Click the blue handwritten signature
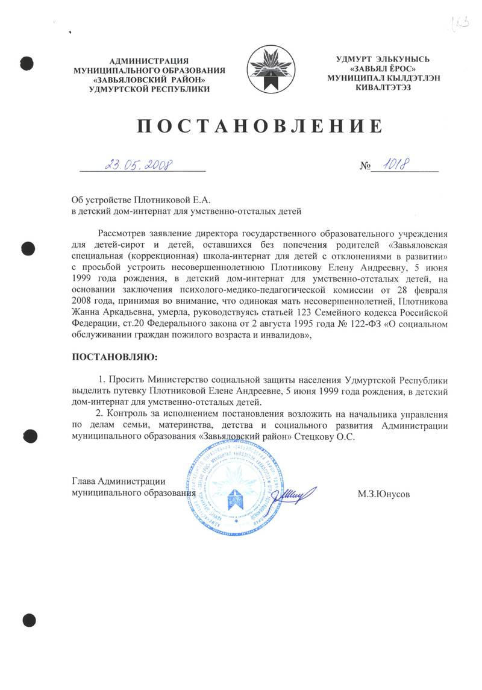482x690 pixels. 294,494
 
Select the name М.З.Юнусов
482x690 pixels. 384,494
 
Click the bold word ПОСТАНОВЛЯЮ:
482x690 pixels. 114,357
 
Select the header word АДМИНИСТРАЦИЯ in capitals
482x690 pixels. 149,60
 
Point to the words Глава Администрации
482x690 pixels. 119,481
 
